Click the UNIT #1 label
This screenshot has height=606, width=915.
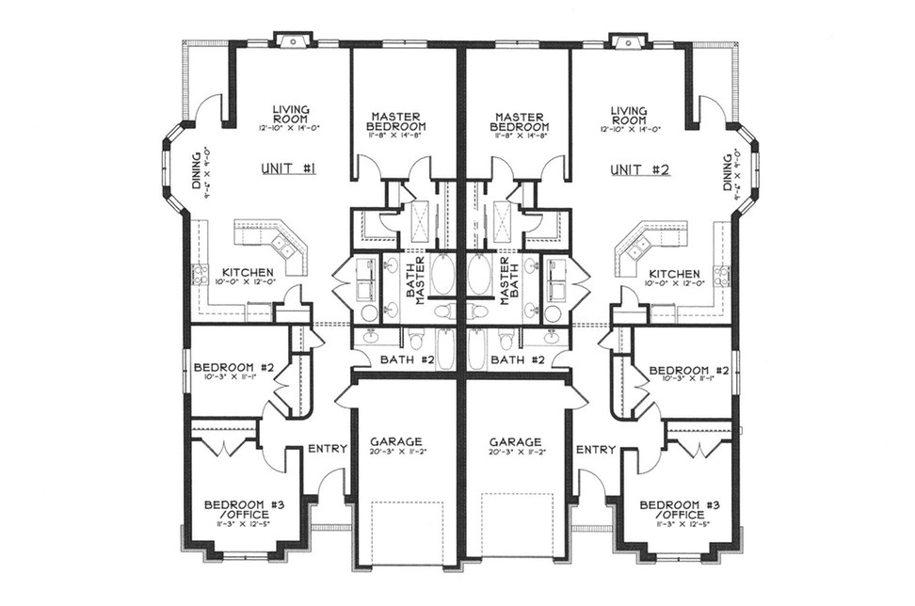[289, 169]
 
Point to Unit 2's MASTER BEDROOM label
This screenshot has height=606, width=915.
[520, 122]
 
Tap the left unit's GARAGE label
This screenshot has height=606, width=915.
[395, 441]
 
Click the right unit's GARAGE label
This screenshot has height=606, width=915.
[516, 441]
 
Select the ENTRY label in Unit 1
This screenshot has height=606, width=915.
[329, 449]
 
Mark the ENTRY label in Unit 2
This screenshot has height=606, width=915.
[595, 449]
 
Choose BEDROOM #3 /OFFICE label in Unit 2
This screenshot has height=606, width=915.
[672, 510]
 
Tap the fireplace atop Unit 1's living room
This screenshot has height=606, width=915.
[292, 40]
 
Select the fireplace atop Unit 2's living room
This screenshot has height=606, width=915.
[623, 40]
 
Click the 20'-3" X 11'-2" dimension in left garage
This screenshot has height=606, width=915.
[395, 453]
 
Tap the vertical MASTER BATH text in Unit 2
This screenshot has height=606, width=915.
[510, 279]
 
